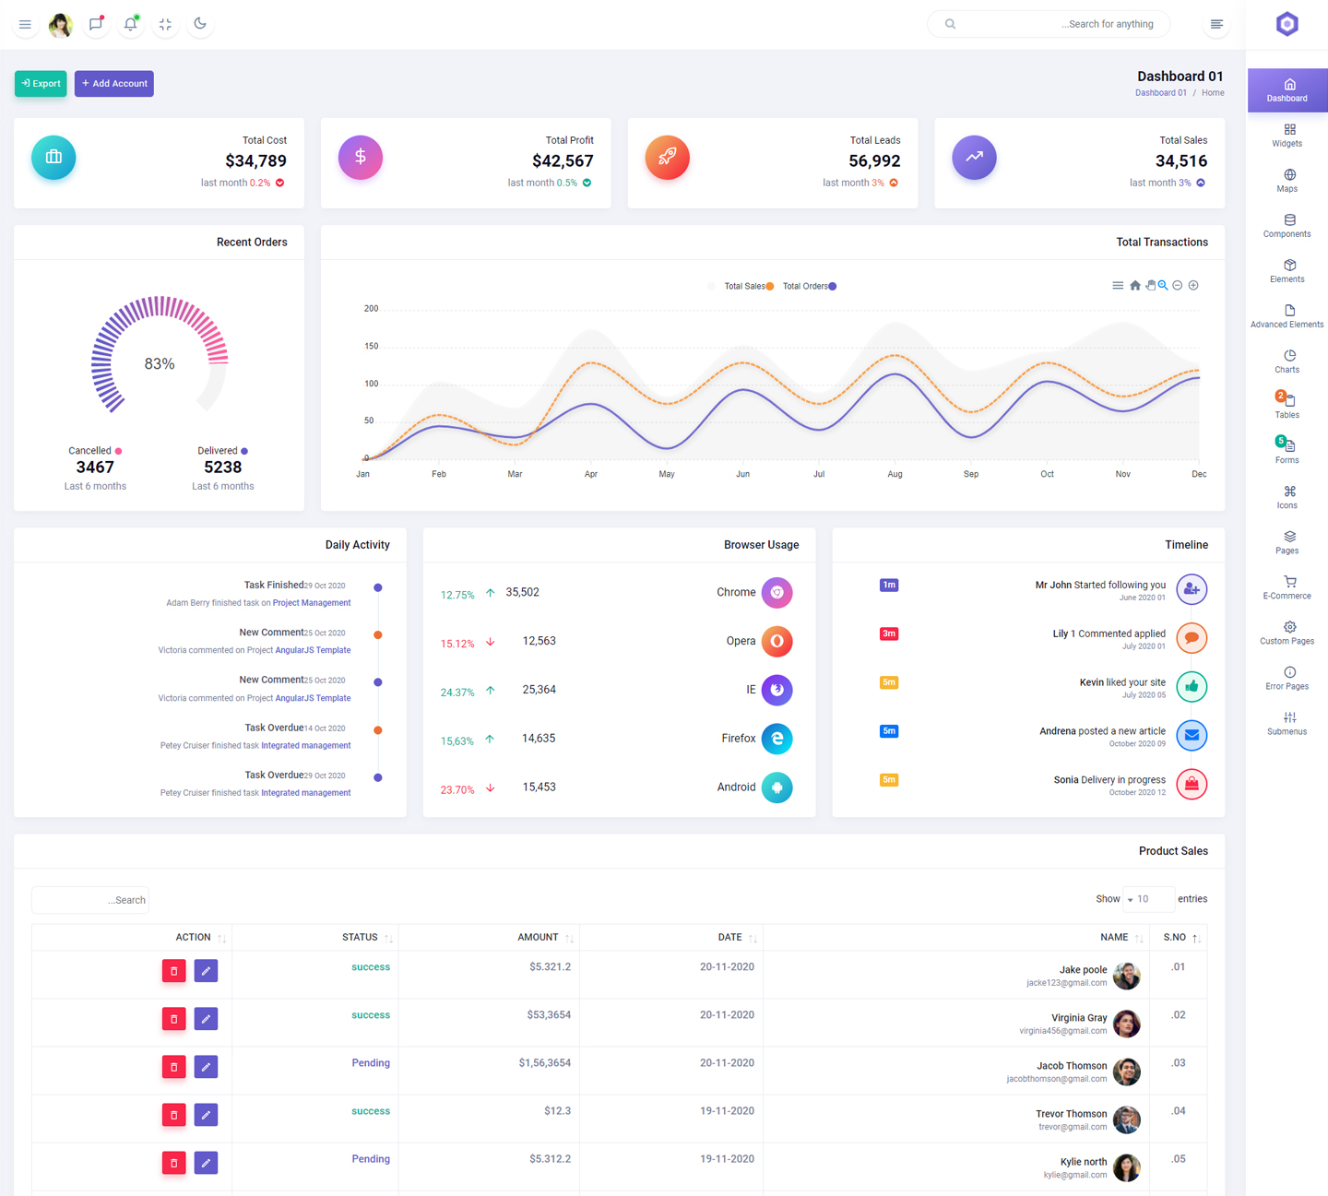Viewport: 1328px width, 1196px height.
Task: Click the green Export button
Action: (41, 84)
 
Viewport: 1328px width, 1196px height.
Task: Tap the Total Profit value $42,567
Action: (563, 161)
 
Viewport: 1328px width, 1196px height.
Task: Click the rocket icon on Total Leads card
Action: (667, 158)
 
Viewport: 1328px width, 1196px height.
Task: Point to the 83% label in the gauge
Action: (160, 364)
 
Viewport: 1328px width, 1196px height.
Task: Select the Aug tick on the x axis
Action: (895, 474)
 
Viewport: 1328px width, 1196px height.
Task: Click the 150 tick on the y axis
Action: (372, 347)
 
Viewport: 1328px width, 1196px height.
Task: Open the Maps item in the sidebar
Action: (1287, 181)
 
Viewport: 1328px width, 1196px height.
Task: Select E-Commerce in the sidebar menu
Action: (1287, 587)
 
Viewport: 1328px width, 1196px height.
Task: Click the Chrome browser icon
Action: (777, 593)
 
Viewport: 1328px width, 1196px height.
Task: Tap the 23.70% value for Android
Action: (457, 790)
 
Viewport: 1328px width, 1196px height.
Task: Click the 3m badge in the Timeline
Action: (889, 634)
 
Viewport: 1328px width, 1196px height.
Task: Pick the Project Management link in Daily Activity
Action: (312, 603)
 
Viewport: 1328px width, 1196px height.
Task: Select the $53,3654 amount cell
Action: (549, 1015)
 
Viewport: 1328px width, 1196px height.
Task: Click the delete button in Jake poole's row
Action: (173, 971)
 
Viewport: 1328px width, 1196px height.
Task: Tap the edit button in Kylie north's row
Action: (206, 1163)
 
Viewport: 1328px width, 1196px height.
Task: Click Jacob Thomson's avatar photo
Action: (1126, 1072)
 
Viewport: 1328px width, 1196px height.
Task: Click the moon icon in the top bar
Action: (200, 24)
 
